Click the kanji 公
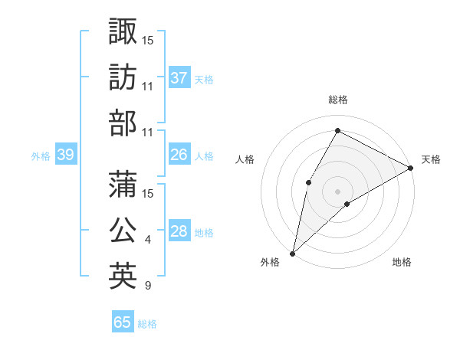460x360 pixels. [x=123, y=229]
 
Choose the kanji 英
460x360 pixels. [x=123, y=275]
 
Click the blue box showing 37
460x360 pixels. [x=179, y=77]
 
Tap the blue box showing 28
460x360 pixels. [x=179, y=232]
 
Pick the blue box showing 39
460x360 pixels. [x=65, y=155]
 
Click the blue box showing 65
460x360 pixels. [x=123, y=322]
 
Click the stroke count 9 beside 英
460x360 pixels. [x=147, y=286]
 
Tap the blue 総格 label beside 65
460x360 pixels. [x=147, y=323]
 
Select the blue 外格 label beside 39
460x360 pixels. [x=41, y=156]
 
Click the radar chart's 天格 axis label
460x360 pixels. [x=431, y=159]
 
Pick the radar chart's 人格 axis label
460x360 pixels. [x=245, y=159]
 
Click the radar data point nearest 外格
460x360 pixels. [x=292, y=253]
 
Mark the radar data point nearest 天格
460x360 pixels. [x=411, y=168]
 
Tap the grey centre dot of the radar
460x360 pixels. [x=337, y=191]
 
